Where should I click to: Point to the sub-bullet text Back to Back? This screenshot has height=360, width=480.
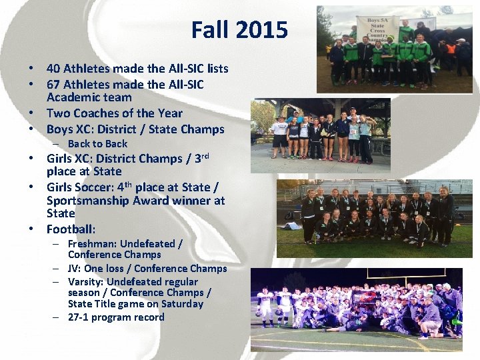click(x=97, y=143)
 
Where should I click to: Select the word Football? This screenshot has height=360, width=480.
click(x=71, y=229)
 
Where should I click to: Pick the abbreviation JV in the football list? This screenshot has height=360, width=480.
click(x=73, y=268)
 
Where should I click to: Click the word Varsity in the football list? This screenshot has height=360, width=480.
click(x=85, y=281)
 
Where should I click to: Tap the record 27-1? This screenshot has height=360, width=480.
click(x=80, y=317)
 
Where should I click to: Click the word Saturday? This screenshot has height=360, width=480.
click(x=179, y=303)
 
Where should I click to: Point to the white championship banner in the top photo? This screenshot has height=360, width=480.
click(x=378, y=29)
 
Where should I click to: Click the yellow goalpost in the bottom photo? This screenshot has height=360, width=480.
click(x=427, y=273)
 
